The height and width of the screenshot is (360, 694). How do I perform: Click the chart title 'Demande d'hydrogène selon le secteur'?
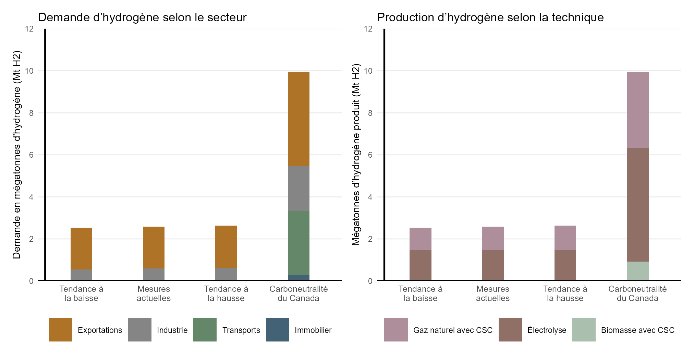[x=142, y=17]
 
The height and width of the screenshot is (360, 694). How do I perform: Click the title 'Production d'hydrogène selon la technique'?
[x=490, y=17]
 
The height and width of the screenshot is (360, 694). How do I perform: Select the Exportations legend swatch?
[x=61, y=330]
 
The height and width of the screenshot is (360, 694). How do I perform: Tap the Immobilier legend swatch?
[x=278, y=330]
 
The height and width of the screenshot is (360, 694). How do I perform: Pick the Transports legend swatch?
[x=205, y=330]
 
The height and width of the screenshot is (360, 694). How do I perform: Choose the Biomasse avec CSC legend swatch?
[x=584, y=330]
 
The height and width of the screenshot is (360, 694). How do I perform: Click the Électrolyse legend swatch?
[x=510, y=330]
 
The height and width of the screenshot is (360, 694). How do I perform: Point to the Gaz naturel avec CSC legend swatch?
[x=396, y=330]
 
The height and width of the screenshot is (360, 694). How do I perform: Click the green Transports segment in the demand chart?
[x=299, y=243]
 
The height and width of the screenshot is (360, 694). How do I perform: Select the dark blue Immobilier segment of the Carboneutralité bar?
[x=299, y=278]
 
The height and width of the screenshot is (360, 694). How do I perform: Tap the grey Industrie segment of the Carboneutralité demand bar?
[x=299, y=189]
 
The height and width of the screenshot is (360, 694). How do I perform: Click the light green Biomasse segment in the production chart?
[x=637, y=271]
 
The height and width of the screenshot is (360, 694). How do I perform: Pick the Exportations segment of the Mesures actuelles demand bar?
[x=154, y=248]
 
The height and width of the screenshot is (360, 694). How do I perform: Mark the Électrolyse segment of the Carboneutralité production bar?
[x=637, y=205]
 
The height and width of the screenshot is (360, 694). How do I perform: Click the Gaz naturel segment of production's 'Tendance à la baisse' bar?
[x=421, y=239]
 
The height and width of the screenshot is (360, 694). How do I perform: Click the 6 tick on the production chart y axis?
[x=370, y=155]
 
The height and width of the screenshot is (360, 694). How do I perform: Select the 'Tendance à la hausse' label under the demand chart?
[x=226, y=293]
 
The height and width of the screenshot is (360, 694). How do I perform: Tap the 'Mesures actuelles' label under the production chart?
[x=493, y=293]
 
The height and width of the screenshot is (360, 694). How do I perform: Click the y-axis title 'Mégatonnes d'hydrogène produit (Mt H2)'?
[x=356, y=154]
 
